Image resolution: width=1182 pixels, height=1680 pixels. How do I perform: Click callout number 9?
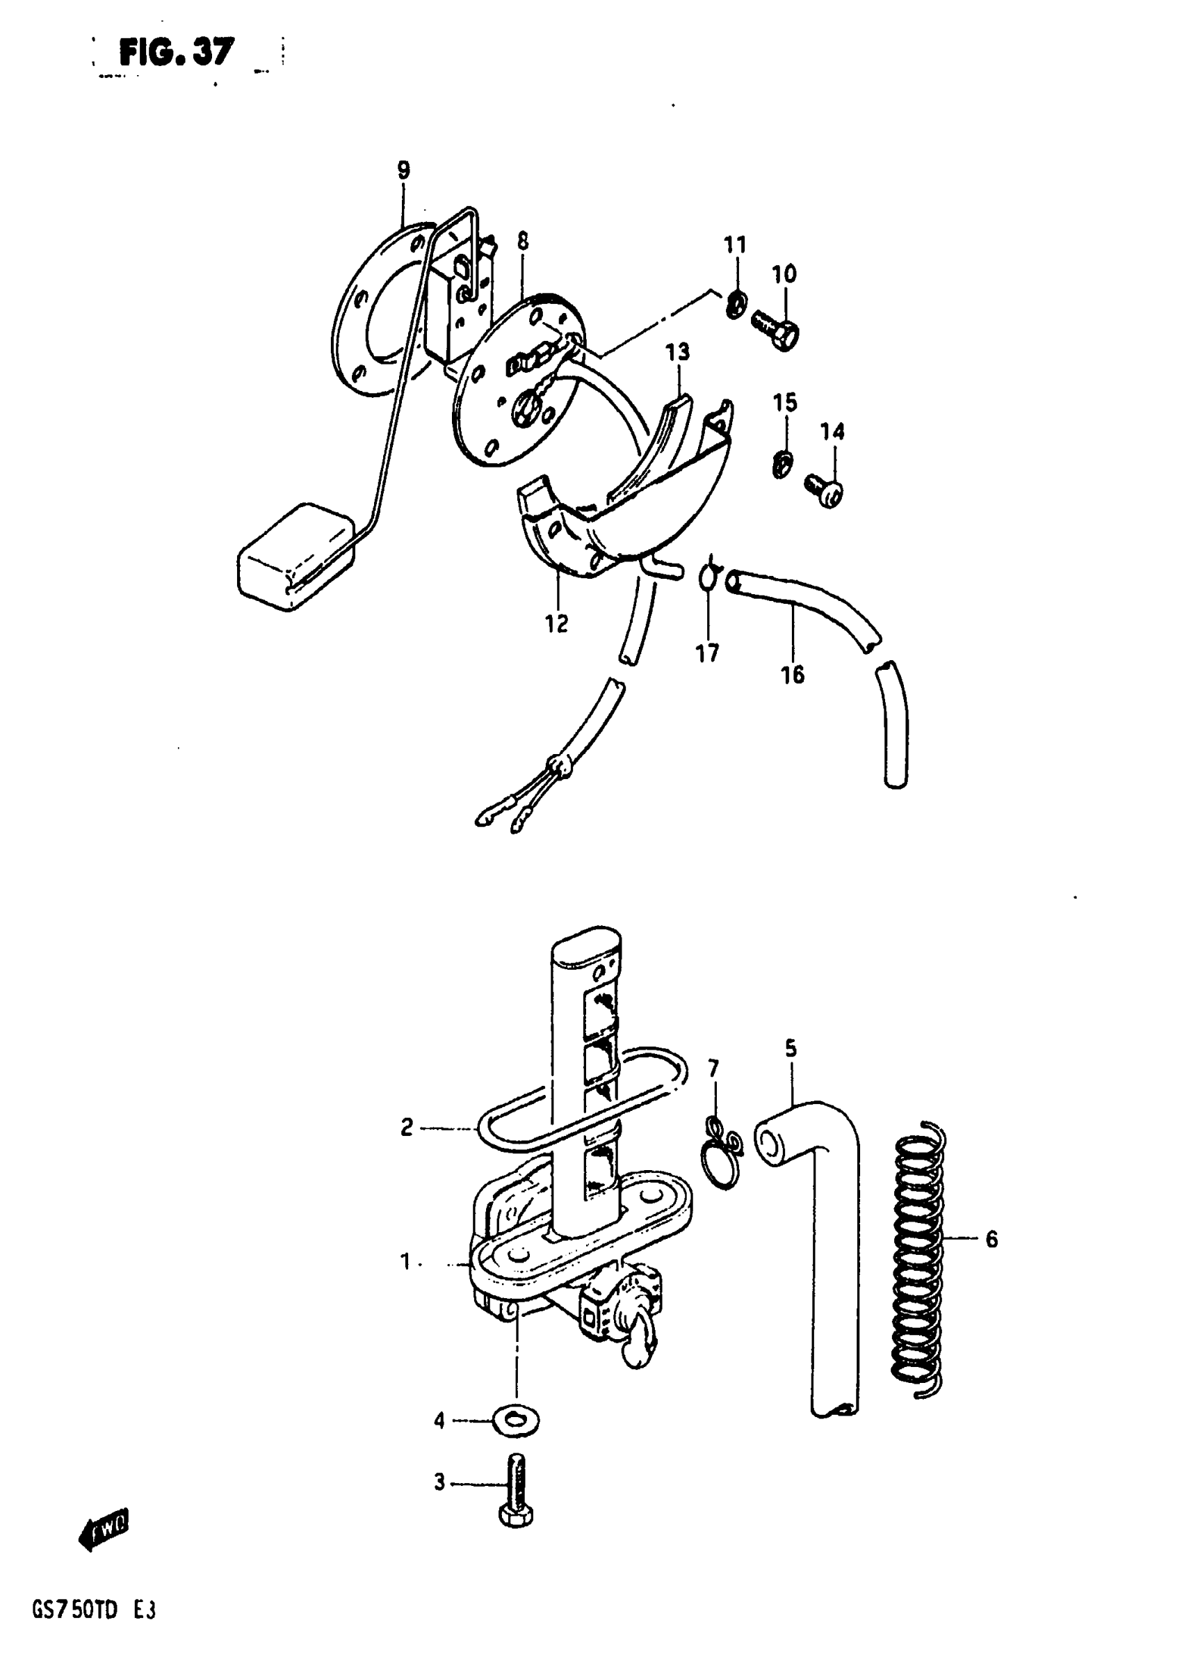point(403,170)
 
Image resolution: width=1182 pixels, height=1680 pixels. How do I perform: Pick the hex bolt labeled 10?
point(775,328)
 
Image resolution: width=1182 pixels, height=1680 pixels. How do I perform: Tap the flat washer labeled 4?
point(517,1422)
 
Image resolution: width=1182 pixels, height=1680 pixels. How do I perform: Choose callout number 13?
point(677,353)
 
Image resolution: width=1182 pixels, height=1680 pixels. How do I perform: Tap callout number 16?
point(792,674)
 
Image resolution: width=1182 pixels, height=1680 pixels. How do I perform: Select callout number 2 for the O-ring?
point(407,1127)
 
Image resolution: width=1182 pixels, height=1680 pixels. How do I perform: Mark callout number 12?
point(556,623)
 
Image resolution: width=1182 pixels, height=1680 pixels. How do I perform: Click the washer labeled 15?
point(782,465)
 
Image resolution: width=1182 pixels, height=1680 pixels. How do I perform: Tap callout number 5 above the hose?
point(791,1048)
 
